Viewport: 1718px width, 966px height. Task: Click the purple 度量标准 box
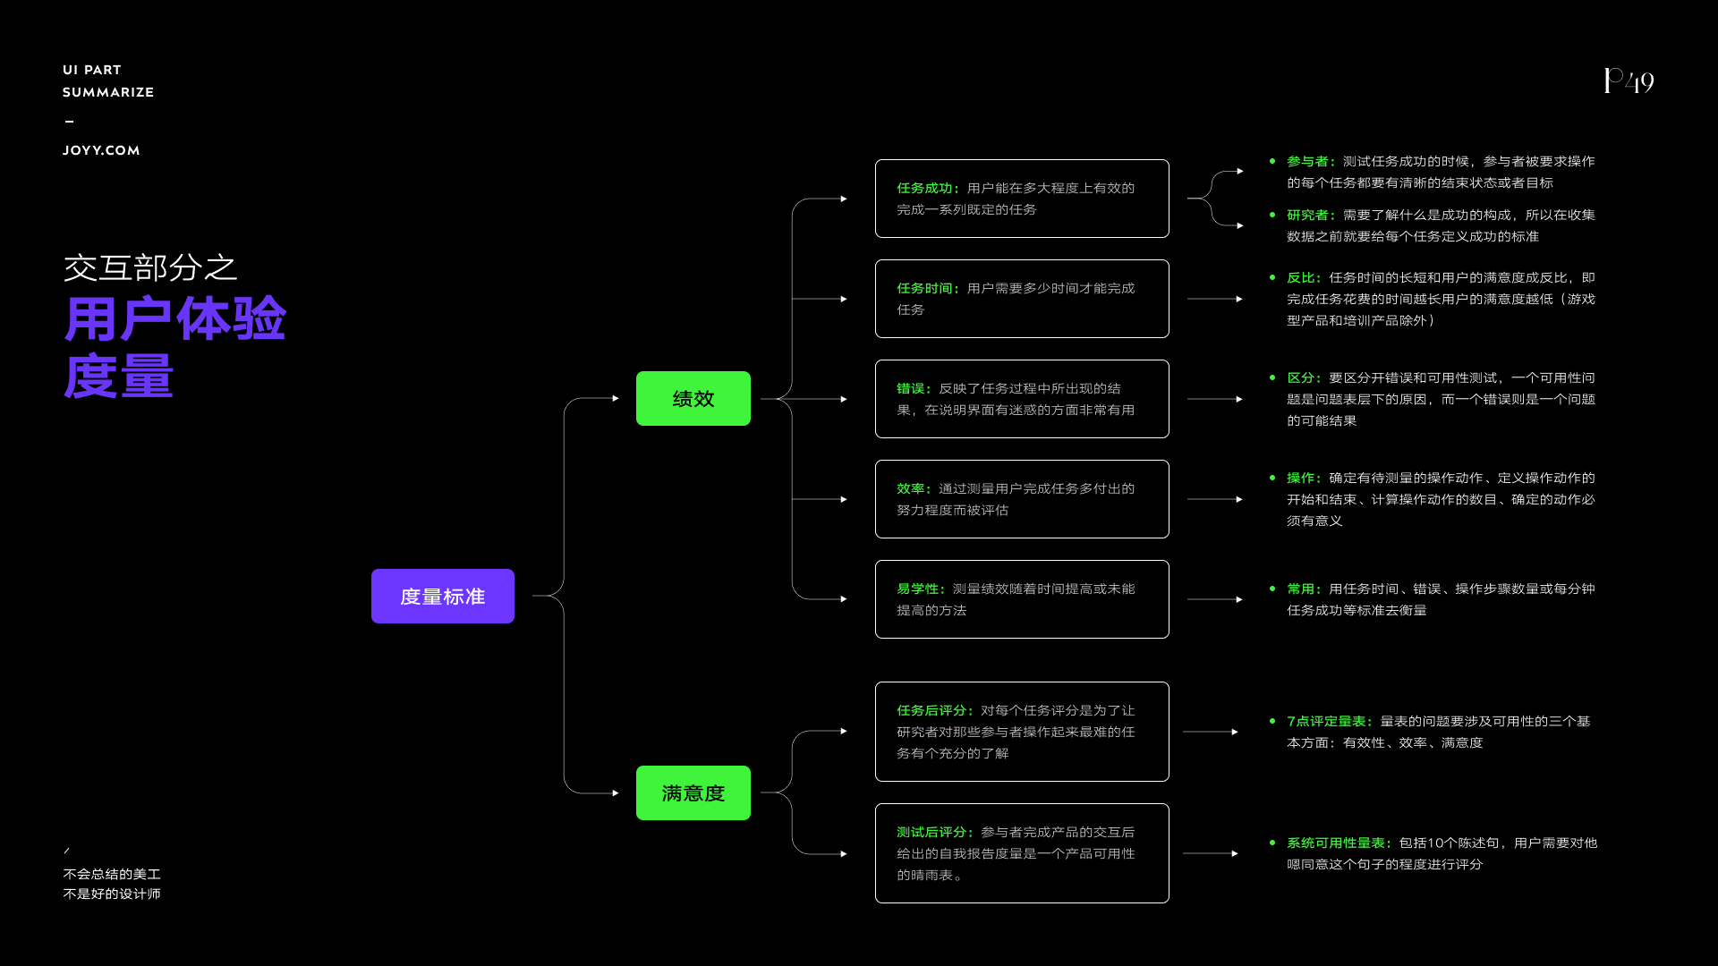click(442, 596)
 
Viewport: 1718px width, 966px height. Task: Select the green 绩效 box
click(693, 398)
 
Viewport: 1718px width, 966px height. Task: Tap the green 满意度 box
click(693, 792)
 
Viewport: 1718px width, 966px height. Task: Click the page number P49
click(1628, 81)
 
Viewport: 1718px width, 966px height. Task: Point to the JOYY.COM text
click(101, 150)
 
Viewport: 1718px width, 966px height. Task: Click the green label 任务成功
click(925, 188)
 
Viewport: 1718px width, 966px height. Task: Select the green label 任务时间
click(925, 288)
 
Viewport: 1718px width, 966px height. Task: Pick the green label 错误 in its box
click(911, 388)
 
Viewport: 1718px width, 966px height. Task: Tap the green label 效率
click(911, 488)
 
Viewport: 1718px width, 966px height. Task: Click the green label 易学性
click(918, 589)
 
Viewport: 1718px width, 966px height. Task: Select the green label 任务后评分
click(932, 710)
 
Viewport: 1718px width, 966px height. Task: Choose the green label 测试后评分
click(932, 832)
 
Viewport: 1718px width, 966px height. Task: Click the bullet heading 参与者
click(1308, 161)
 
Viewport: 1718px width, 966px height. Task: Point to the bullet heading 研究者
click(1308, 215)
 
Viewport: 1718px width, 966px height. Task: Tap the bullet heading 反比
click(1301, 277)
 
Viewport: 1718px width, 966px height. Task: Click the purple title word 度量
click(118, 376)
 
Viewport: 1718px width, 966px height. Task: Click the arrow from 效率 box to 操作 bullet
click(1214, 499)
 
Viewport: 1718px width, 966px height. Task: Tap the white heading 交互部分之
click(149, 267)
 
